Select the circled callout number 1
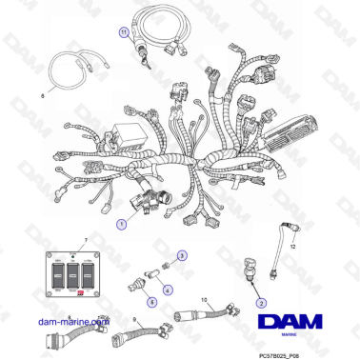120,224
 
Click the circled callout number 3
183,255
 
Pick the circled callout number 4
168,289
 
